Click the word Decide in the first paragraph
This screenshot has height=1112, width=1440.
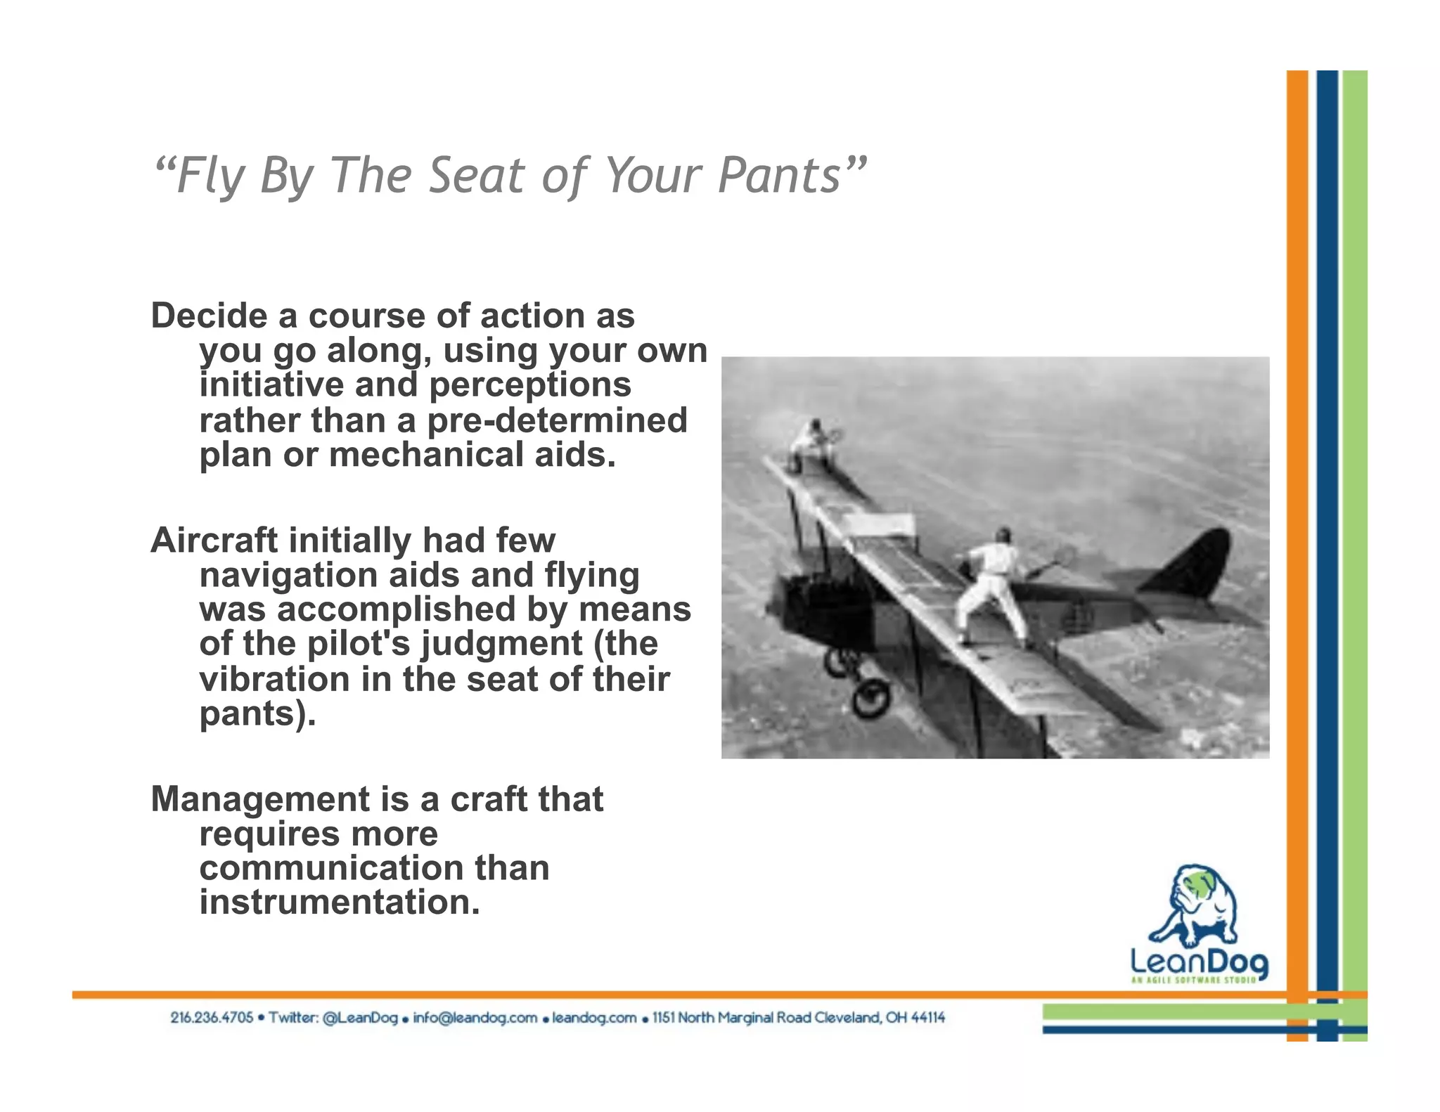click(x=209, y=316)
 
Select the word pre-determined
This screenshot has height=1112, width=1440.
click(x=557, y=420)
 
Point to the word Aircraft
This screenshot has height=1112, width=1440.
click(x=214, y=541)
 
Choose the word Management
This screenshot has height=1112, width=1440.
click(x=260, y=799)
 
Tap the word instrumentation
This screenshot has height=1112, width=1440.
click(x=340, y=903)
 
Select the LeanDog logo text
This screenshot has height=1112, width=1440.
click(x=1198, y=961)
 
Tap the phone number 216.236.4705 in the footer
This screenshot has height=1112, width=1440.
click(x=211, y=1018)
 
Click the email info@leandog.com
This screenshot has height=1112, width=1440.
click(x=475, y=1018)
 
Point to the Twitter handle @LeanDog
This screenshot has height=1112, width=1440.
click(x=360, y=1018)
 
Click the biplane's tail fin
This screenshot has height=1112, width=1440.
click(x=1192, y=562)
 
